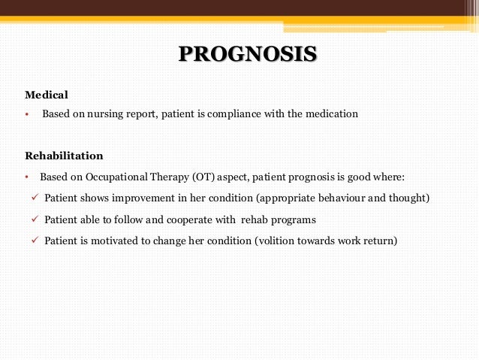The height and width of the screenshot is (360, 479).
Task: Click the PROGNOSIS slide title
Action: (248, 55)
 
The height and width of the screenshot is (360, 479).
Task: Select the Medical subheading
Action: (47, 95)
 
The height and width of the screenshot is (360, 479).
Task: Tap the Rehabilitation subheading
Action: (64, 156)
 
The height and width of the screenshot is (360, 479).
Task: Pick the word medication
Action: (331, 114)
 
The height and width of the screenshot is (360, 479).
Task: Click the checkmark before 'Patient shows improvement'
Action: (35, 198)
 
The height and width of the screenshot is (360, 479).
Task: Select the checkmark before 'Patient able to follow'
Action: (35, 219)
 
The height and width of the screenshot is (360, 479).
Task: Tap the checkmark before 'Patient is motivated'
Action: (35, 241)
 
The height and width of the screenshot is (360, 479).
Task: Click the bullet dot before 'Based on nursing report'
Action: (26, 115)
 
